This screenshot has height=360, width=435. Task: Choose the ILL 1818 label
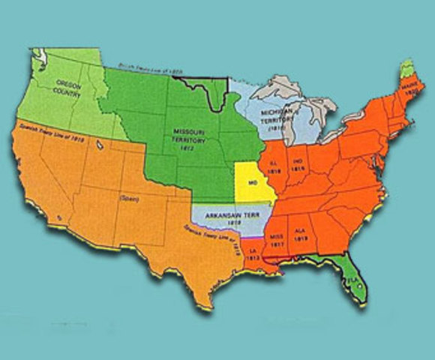(274, 166)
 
